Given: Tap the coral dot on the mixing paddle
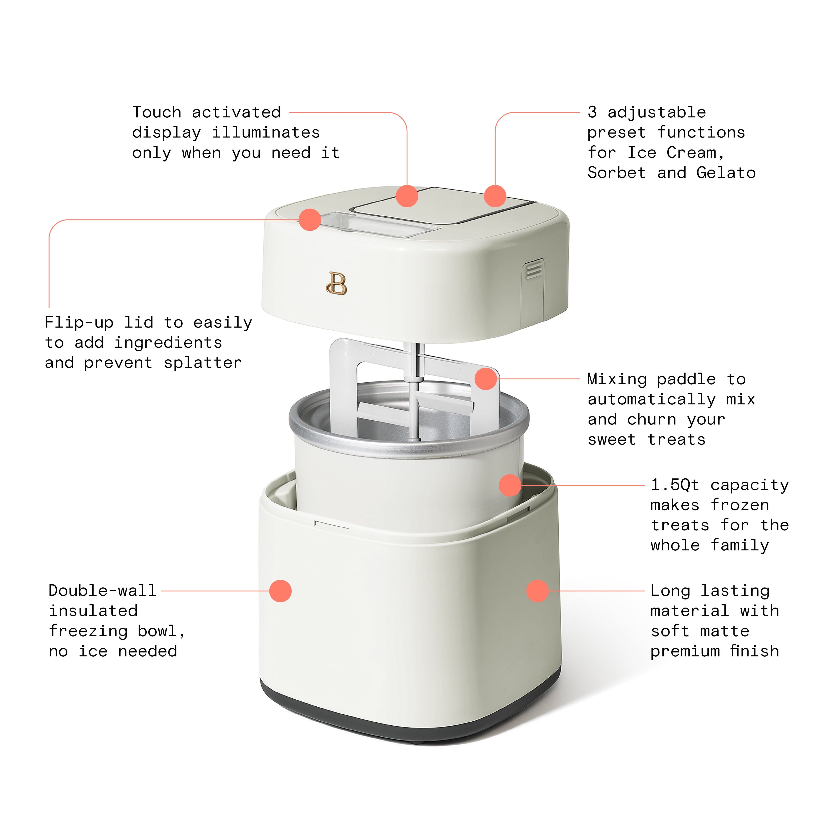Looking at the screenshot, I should (485, 379).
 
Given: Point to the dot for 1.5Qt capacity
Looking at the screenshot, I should (510, 485).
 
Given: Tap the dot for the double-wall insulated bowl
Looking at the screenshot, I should (280, 591).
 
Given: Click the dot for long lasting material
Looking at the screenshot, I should (537, 591).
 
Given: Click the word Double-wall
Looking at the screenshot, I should (102, 590).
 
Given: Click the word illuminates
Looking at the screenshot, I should (265, 132).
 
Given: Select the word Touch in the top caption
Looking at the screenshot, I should (157, 112).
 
